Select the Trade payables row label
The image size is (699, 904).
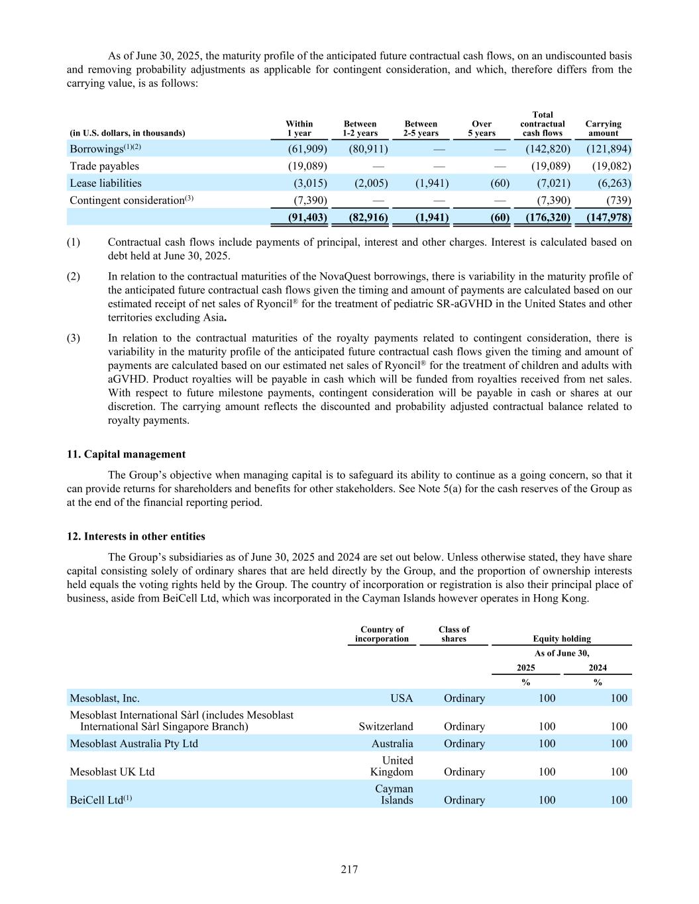105,166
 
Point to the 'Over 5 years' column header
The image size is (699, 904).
482,128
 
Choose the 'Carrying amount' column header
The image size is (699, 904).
603,128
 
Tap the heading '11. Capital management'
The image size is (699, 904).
126,454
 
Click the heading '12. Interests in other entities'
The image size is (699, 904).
136,536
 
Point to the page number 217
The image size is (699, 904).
349,870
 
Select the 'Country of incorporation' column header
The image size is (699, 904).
382,634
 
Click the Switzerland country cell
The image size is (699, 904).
386,727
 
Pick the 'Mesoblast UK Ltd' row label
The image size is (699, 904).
112,772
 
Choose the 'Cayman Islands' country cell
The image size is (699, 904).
394,794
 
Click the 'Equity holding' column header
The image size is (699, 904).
562,639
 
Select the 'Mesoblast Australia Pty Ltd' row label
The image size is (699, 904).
134,744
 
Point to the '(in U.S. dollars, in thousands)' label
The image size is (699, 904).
128,133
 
